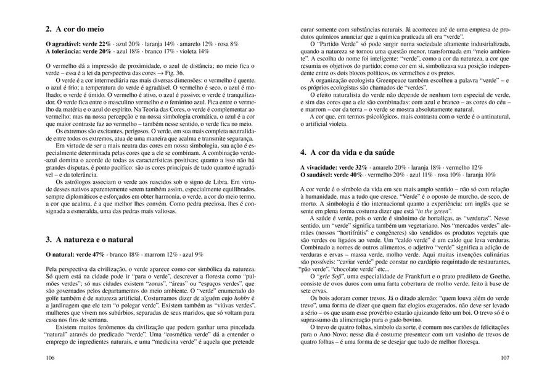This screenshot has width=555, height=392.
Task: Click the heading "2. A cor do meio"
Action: click(75, 29)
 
